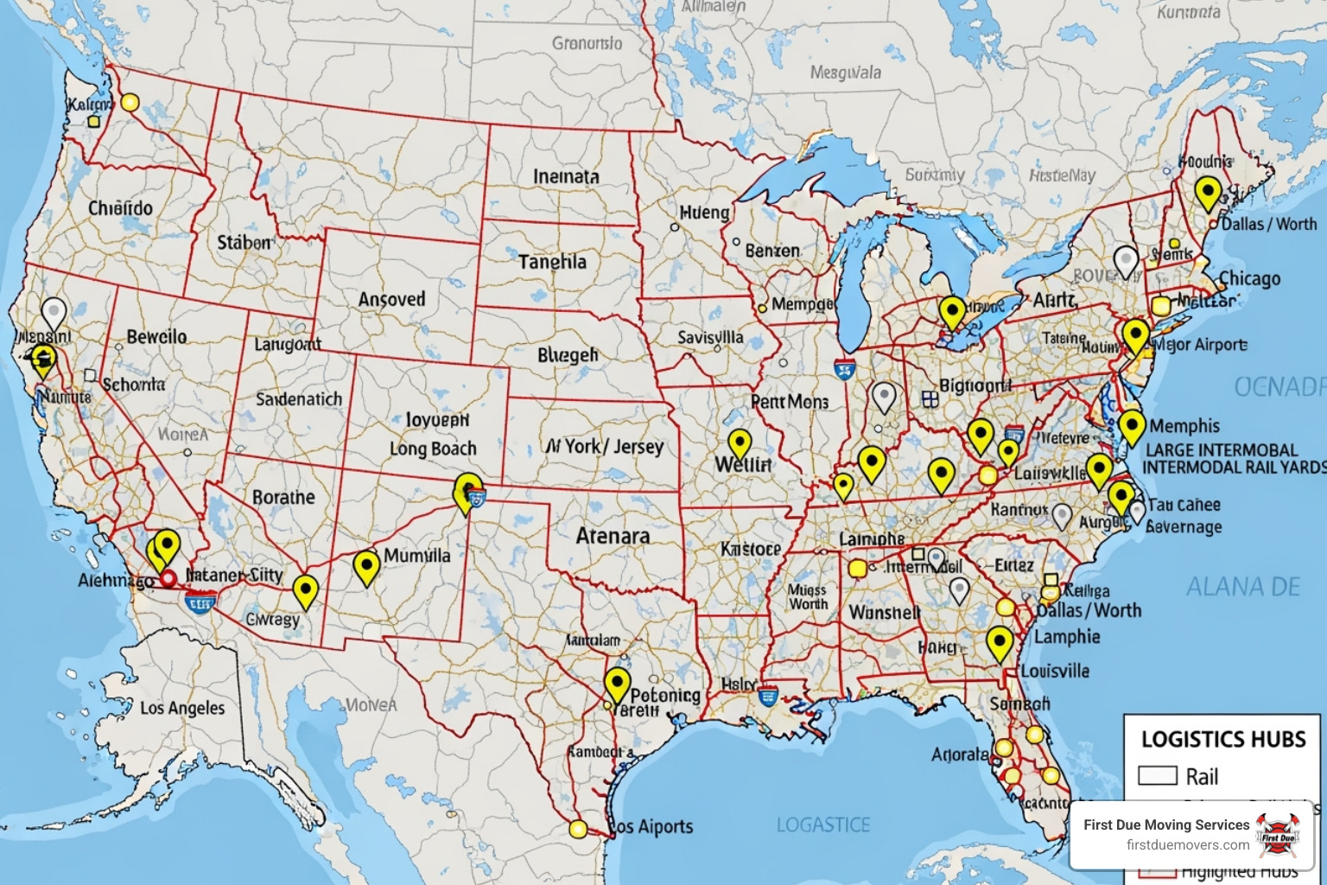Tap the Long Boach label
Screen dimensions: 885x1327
coord(433,449)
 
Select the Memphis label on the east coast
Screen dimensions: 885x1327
coord(1184,426)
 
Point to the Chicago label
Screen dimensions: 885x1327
coord(1249,279)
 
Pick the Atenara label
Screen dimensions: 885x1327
coord(613,536)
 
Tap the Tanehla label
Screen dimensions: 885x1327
coord(552,262)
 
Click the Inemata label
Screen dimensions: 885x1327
coord(566,176)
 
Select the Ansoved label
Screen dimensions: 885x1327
coord(392,300)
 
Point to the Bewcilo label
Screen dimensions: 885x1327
coord(156,337)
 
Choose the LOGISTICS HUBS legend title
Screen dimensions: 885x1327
coord(1223,740)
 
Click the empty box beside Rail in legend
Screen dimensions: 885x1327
coord(1158,775)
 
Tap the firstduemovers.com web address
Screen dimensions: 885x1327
coord(1187,844)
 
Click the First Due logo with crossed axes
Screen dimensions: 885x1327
coord(1278,834)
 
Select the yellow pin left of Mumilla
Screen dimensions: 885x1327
coord(366,566)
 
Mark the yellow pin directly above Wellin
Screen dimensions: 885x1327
coord(740,442)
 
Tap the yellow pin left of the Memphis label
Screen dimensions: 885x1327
coord(1132,425)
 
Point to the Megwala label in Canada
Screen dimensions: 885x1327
coord(845,73)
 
